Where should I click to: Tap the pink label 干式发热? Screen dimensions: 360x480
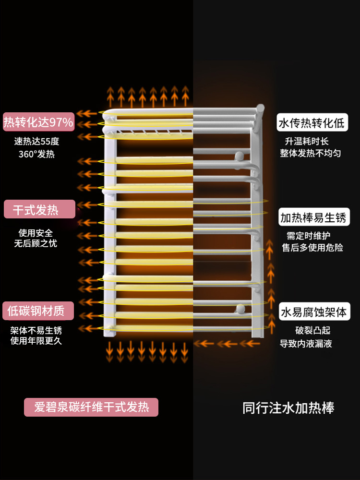tap(39, 210)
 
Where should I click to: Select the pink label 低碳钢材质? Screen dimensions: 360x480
tap(38, 311)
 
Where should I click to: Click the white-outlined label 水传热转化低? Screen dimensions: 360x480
tap(312, 123)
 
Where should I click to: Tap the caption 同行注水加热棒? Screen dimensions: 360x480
tap(288, 408)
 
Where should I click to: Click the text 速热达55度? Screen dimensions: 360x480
tap(36, 141)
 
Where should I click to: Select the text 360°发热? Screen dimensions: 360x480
tap(36, 154)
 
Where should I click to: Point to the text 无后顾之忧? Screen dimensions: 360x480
tap(36, 243)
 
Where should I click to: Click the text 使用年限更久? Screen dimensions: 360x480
tap(36, 341)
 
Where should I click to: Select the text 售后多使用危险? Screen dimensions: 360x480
tap(312, 248)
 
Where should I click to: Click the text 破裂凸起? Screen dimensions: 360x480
tap(312, 331)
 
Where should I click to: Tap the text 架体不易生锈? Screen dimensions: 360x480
tap(36, 330)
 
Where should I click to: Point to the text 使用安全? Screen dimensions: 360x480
tap(36, 233)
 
